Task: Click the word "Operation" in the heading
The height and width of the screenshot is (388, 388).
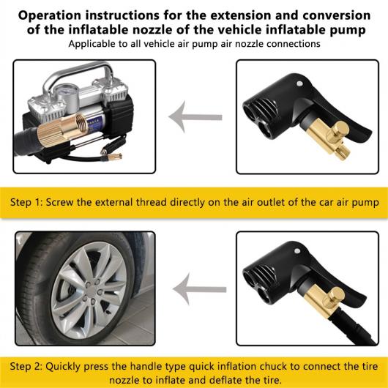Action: [x=50, y=15]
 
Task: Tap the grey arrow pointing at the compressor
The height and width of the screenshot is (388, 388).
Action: [x=195, y=117]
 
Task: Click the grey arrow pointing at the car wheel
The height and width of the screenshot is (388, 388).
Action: [x=199, y=289]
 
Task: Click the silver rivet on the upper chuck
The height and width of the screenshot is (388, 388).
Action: [x=299, y=83]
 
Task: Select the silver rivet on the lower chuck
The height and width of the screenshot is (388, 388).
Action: [x=297, y=251]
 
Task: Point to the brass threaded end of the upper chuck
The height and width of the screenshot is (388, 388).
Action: [x=343, y=152]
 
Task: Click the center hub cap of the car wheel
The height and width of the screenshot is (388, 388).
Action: [x=91, y=292]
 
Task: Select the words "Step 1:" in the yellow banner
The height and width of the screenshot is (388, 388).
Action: [x=27, y=202]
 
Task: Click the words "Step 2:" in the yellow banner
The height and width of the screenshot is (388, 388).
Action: [x=26, y=367]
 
